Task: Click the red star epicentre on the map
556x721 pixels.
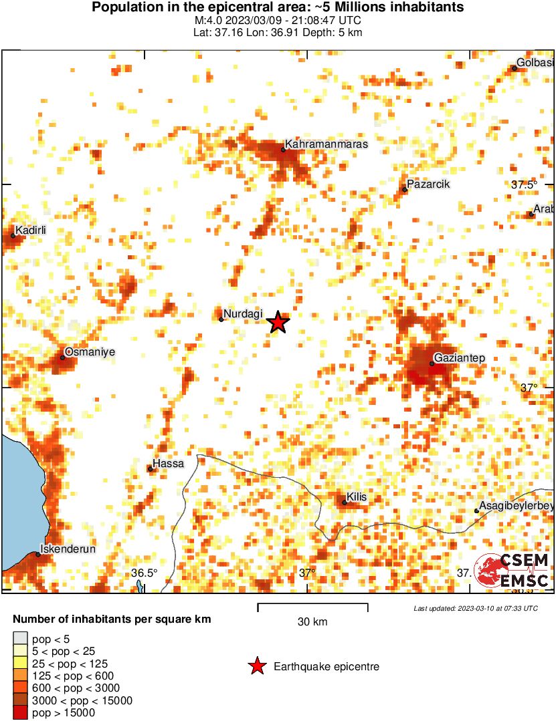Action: point(278,322)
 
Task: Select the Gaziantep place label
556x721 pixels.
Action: point(459,358)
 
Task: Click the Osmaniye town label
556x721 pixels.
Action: point(90,351)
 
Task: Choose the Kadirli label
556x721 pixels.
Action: point(32,230)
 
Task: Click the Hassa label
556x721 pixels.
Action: point(168,463)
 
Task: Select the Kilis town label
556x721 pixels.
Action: point(357,497)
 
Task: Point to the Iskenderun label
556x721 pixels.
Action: point(68,549)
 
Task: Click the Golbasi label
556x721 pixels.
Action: point(536,63)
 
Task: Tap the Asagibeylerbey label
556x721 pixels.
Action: point(517,506)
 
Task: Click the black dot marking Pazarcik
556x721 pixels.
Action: point(405,190)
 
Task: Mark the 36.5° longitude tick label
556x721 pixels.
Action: point(144,573)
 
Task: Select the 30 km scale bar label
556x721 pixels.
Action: point(312,622)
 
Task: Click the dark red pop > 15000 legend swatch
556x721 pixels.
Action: point(21,713)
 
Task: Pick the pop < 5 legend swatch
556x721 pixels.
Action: point(21,639)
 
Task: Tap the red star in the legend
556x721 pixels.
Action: point(256,666)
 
